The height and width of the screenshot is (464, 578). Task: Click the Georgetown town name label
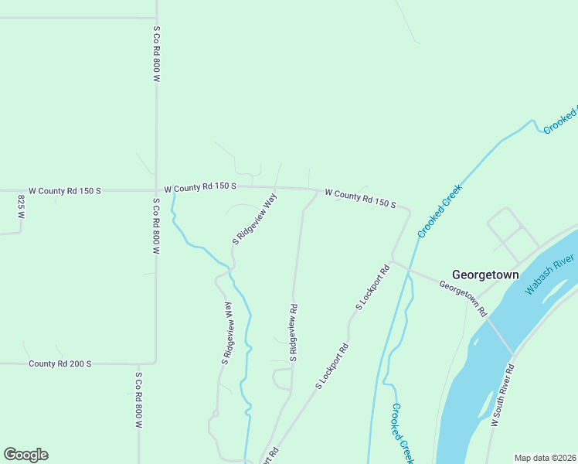485,275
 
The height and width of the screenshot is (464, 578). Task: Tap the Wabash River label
549,274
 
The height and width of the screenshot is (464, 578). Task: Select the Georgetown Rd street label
463,298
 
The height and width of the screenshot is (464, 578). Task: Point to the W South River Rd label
502,392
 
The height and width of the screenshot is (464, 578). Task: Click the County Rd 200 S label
59,363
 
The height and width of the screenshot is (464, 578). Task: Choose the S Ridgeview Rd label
294,333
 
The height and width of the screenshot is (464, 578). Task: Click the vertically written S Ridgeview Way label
227,333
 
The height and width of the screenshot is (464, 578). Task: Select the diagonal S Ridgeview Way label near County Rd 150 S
255,219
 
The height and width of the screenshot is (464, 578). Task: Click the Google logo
25,455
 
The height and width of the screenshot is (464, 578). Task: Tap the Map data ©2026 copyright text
545,457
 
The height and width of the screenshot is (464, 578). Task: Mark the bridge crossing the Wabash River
499,334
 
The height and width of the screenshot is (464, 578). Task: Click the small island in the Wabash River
474,340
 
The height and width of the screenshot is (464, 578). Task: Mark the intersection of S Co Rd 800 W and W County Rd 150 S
156,189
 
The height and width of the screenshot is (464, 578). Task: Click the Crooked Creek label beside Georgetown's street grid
440,210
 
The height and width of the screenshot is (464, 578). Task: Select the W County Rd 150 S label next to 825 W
65,190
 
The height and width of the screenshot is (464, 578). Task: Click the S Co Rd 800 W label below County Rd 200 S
139,401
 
